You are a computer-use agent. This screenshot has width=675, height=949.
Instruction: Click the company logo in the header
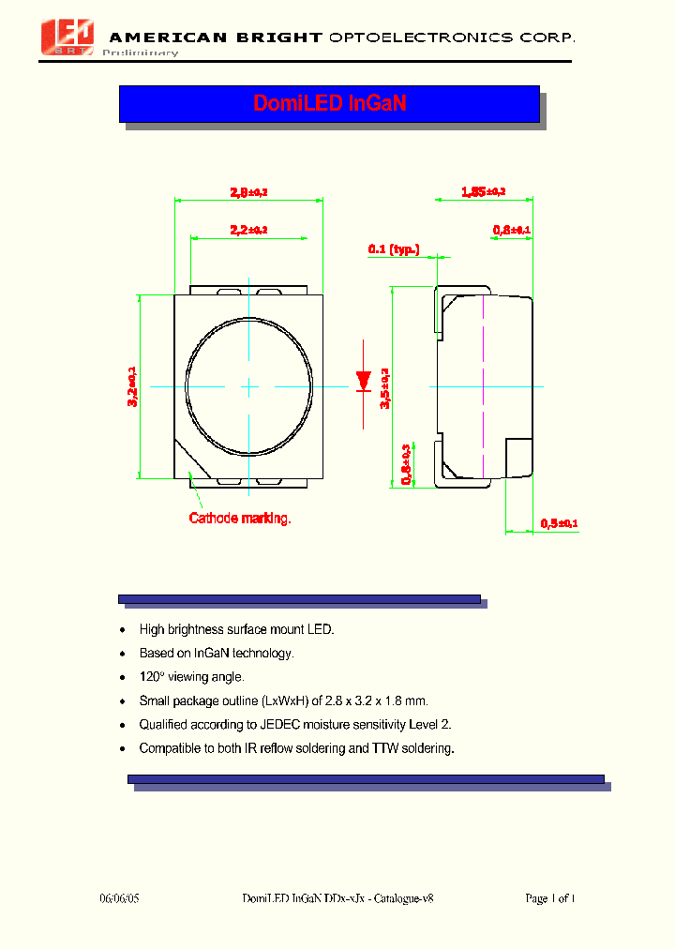pos(68,36)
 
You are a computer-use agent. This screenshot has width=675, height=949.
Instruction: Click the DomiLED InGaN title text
pos(329,103)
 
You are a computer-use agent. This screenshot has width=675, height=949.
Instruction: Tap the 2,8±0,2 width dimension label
pos(248,192)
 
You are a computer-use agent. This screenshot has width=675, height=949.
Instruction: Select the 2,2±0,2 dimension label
pos(248,229)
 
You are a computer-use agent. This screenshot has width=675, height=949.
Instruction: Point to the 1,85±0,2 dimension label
pos(483,192)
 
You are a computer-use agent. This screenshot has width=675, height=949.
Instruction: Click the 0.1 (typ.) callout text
pos(394,249)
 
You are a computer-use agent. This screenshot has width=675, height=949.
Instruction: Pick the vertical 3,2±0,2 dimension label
pos(132,385)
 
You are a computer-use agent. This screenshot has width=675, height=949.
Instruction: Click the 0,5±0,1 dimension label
pos(560,523)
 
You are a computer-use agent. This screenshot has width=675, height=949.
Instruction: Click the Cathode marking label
pos(240,518)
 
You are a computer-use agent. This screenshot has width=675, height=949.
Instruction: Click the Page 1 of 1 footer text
pos(549,898)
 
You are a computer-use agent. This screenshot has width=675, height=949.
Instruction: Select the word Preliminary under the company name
pos(140,53)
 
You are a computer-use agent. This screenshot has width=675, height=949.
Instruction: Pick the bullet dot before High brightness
pos(123,630)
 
